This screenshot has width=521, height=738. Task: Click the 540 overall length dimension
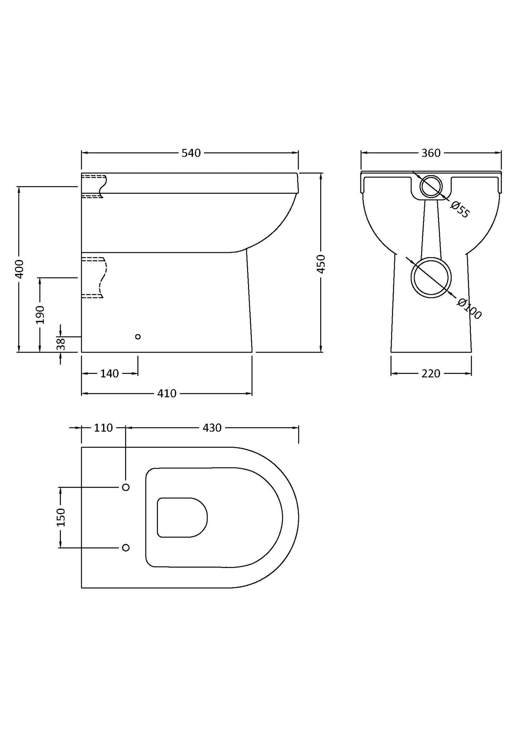[191, 153]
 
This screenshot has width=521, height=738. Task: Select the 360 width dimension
[431, 153]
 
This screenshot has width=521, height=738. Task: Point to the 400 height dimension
[19, 268]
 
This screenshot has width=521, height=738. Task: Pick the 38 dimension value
[61, 344]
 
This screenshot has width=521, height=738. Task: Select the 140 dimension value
[109, 374]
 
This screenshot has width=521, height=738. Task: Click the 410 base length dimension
[167, 393]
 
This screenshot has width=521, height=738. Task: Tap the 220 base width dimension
[431, 374]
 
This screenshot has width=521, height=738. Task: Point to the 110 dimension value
[103, 428]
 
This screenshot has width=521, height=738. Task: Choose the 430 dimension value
[212, 428]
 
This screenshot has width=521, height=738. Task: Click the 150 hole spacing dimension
[61, 517]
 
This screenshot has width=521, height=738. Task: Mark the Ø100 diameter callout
[469, 309]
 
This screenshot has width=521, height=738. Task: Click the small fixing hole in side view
[138, 337]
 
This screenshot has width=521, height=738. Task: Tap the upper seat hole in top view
[126, 487]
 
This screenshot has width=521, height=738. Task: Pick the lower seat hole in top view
[126, 547]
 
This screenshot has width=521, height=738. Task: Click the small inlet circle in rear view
[431, 186]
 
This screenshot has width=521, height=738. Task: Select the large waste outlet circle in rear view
[431, 278]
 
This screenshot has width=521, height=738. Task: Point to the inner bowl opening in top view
[182, 518]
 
